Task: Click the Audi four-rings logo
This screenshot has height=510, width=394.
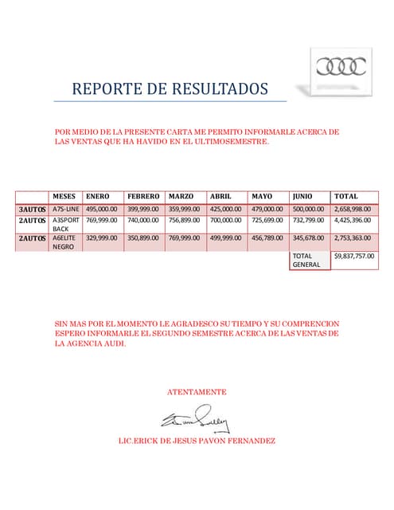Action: click(x=341, y=66)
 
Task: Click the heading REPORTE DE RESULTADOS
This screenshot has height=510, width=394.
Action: click(x=170, y=88)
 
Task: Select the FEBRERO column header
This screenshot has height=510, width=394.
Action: click(x=144, y=197)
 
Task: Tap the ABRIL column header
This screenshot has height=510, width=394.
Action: click(x=220, y=197)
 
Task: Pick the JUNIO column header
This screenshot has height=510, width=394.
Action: click(x=302, y=197)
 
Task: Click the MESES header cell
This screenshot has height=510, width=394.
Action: click(x=64, y=197)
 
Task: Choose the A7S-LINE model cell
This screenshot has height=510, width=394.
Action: click(x=66, y=209)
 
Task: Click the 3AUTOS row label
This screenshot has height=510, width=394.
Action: click(x=33, y=209)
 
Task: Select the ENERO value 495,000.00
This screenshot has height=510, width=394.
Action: click(x=102, y=209)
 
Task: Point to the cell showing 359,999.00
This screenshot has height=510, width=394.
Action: click(x=185, y=209)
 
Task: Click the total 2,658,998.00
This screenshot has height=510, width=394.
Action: click(x=353, y=209)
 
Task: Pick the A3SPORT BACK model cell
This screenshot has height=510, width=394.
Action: click(x=66, y=224)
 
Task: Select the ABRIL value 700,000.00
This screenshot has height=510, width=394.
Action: click(x=226, y=220)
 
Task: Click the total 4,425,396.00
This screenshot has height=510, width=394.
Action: click(x=353, y=220)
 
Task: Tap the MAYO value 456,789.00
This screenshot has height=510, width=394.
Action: click(x=267, y=237)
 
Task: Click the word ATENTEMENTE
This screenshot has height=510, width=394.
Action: click(x=197, y=392)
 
